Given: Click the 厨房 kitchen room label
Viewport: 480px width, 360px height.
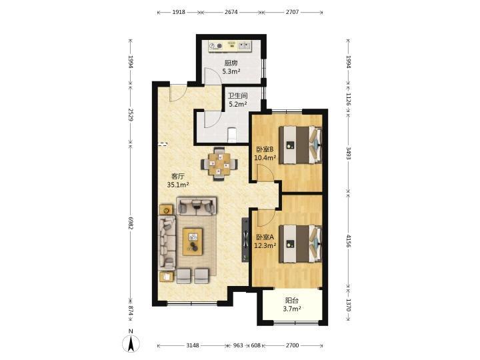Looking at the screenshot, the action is click(x=231, y=63).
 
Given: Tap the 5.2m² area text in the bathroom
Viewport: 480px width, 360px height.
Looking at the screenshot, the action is click(x=238, y=104).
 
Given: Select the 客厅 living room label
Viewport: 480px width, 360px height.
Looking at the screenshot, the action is click(x=177, y=176).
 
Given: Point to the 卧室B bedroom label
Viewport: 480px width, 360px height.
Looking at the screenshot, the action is click(x=265, y=149).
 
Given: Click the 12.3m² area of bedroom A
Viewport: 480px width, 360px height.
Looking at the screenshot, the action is click(x=265, y=245).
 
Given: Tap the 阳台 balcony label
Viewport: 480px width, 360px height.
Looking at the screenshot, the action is click(x=292, y=301).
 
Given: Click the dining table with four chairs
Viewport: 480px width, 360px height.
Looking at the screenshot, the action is click(x=219, y=164).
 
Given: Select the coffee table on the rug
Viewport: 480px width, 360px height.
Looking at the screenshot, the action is click(x=193, y=241).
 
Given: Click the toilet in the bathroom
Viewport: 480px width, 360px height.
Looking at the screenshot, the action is click(x=233, y=135).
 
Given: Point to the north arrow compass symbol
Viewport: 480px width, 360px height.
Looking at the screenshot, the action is click(x=131, y=341).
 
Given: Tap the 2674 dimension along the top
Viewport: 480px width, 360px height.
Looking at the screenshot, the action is click(x=231, y=12).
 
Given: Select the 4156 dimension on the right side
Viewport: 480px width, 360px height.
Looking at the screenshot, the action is click(x=349, y=241).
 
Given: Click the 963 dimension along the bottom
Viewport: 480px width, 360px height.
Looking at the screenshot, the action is click(x=238, y=345).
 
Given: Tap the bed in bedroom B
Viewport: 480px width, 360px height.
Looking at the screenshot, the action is click(x=300, y=145).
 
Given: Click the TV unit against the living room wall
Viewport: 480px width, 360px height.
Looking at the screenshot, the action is click(x=245, y=239).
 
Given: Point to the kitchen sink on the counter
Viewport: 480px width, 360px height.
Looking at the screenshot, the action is click(x=245, y=46).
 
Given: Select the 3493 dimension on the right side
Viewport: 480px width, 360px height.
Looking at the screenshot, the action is click(x=349, y=153).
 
